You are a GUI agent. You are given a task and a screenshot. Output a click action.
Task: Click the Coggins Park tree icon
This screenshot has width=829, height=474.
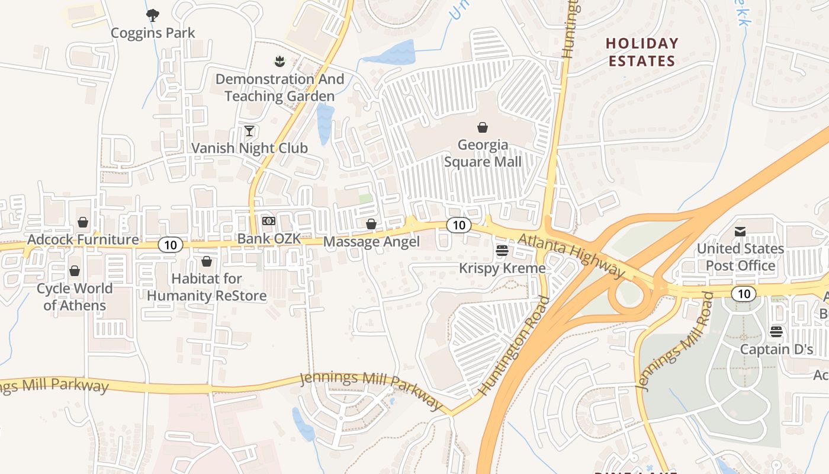(x=153, y=15)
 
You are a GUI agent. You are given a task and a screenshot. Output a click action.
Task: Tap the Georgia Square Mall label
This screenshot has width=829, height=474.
(x=483, y=153)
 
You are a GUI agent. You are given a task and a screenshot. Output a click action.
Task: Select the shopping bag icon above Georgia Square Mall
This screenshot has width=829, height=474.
(x=483, y=127)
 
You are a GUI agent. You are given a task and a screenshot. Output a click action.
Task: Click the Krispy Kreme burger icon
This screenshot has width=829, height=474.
(x=502, y=251)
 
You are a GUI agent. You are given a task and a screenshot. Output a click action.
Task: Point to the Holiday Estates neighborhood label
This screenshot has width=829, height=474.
(x=642, y=52)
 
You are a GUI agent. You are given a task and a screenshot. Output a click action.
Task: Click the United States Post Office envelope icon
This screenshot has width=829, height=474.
(x=740, y=231)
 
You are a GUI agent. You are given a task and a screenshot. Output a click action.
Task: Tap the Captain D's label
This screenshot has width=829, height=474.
(x=776, y=350)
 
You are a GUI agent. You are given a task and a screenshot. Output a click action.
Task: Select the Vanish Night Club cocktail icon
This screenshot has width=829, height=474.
(x=249, y=130)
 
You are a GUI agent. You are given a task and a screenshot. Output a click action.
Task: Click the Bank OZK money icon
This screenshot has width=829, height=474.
(x=269, y=221)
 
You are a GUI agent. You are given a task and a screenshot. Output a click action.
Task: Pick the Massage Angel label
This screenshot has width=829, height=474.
(x=371, y=242)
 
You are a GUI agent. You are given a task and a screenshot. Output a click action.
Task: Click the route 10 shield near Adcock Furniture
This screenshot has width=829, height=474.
(x=170, y=245)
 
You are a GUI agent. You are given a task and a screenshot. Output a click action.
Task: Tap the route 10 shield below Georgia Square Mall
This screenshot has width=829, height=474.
(x=458, y=225)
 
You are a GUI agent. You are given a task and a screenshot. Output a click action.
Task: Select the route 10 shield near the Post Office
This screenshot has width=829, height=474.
(x=743, y=293)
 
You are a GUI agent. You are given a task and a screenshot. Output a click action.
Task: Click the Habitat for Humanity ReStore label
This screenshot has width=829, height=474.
(x=207, y=287)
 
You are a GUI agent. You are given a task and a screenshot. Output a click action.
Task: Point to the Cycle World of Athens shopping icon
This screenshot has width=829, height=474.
(x=75, y=271)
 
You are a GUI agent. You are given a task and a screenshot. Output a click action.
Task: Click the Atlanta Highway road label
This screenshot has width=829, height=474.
(x=571, y=255)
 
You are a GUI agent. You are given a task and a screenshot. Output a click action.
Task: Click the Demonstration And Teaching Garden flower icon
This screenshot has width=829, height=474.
(x=279, y=61)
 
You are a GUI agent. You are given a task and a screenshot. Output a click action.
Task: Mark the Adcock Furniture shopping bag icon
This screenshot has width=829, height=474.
(x=83, y=222)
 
